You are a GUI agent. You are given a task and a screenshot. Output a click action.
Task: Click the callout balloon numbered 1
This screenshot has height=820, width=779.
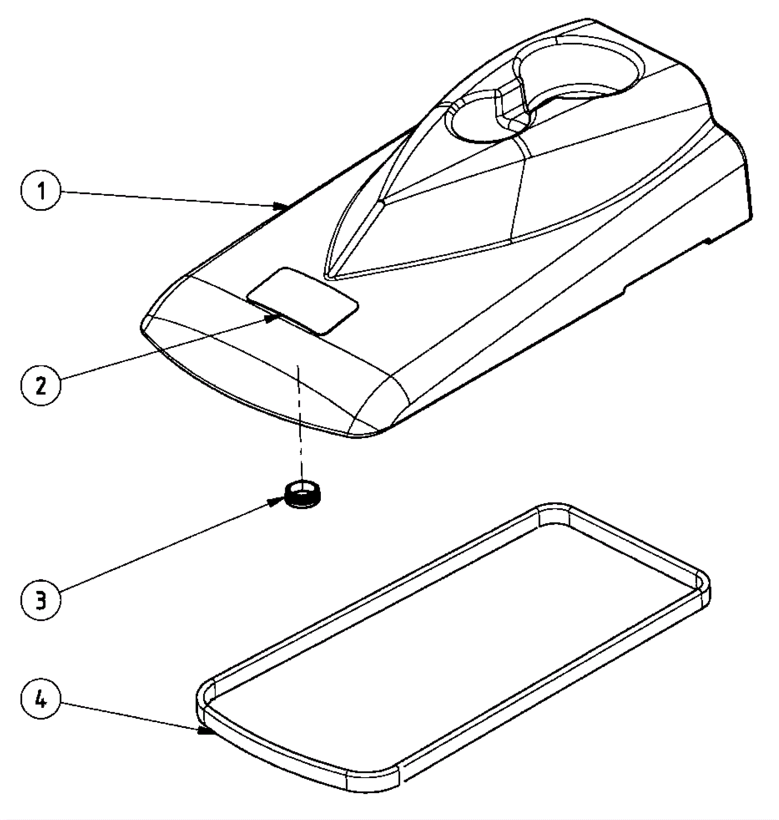pyautogui.click(x=41, y=191)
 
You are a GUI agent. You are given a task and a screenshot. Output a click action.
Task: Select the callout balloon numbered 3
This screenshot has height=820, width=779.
pyautogui.click(x=41, y=600)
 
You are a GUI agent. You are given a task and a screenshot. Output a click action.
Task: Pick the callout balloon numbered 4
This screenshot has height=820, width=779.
pyautogui.click(x=41, y=701)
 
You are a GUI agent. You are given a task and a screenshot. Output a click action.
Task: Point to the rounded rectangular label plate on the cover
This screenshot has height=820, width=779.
pyautogui.click(x=303, y=301)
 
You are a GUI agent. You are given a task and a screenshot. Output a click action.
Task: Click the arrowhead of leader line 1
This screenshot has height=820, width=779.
pyautogui.click(x=282, y=207)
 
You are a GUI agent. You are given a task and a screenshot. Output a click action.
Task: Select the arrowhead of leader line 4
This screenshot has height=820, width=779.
pyautogui.click(x=204, y=730)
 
